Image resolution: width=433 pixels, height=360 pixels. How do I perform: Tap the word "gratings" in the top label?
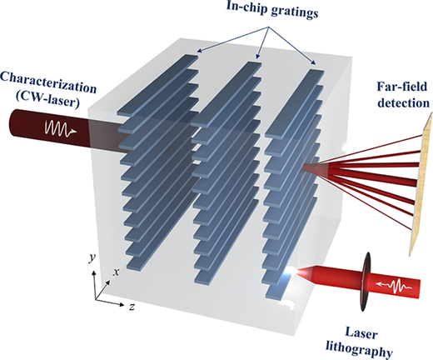pos(294,12)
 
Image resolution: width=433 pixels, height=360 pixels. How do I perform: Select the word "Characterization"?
pos(48,82)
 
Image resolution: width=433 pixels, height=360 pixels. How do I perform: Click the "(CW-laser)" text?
pos(47,102)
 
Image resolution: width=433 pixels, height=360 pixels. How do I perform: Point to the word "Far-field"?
pos(402,87)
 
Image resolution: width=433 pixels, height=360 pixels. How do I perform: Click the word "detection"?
pos(404,103)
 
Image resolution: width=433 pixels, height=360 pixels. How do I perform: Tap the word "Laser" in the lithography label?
pos(361,333)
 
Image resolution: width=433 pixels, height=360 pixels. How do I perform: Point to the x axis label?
pos(116,272)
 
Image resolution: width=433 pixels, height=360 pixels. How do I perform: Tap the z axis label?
pos(132,307)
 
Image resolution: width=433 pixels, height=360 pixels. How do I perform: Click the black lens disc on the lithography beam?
pos(366,282)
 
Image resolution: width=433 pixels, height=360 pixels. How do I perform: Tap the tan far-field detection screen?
pos(421,183)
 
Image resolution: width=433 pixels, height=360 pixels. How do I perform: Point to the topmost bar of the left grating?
pos(157,85)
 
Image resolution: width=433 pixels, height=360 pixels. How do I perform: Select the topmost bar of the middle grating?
pos(226,95)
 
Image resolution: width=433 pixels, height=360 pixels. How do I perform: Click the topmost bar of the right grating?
pos(295,104)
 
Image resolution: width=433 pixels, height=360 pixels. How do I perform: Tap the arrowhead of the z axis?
pos(122,304)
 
